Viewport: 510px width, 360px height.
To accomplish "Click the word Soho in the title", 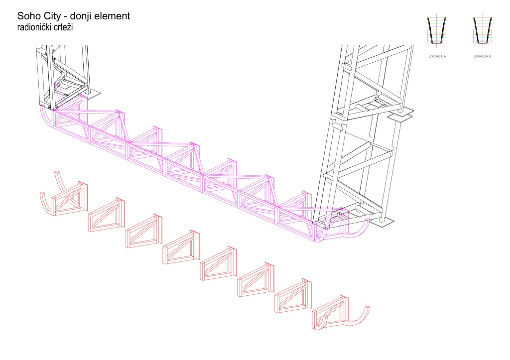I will click(29, 16).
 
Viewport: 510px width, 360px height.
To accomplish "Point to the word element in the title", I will click(114, 16).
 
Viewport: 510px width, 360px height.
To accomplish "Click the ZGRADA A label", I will click(437, 57).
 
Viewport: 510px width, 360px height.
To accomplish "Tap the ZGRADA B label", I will click(482, 57).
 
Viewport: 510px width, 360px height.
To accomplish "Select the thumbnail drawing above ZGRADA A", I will click(437, 33).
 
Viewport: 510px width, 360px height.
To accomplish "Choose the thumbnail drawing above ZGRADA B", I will click(482, 33).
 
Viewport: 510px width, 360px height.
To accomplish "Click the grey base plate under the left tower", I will click(93, 93).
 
